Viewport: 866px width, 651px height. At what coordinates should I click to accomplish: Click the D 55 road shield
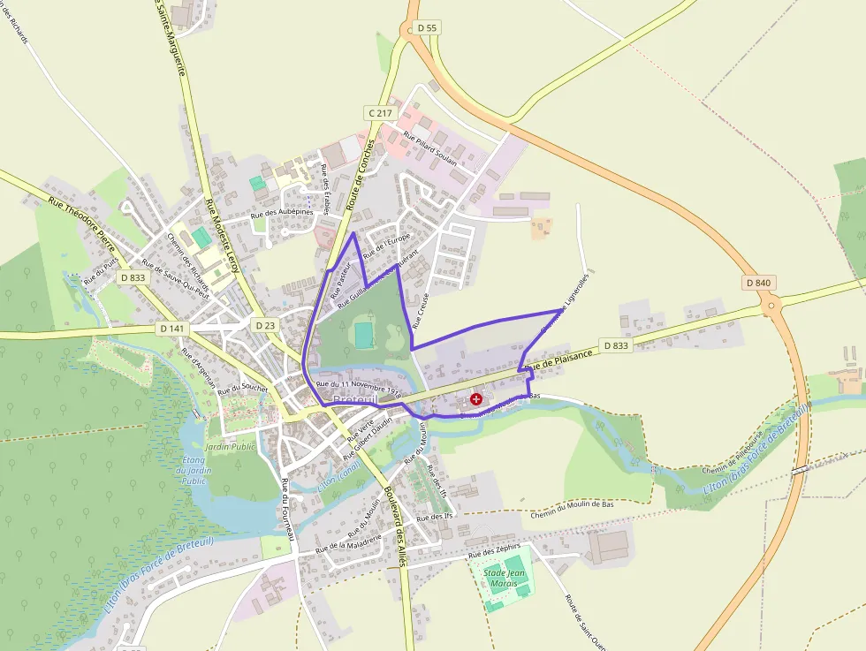pyautogui.click(x=427, y=28)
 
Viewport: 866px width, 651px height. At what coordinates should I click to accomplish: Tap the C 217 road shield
pyautogui.click(x=380, y=113)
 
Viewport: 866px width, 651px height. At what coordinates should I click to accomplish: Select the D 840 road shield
pyautogui.click(x=758, y=283)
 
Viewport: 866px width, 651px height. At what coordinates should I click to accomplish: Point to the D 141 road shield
pyautogui.click(x=173, y=328)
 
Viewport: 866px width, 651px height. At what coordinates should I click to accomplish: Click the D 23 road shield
pyautogui.click(x=266, y=325)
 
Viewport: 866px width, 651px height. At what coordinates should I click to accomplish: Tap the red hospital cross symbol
pyautogui.click(x=477, y=400)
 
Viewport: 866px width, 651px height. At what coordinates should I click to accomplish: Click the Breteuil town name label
pyautogui.click(x=355, y=400)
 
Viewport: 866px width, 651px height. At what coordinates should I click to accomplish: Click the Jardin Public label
pyautogui.click(x=230, y=447)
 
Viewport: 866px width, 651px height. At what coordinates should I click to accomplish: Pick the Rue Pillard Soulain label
pyautogui.click(x=429, y=149)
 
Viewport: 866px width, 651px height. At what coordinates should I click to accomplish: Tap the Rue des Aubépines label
pyautogui.click(x=282, y=214)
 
